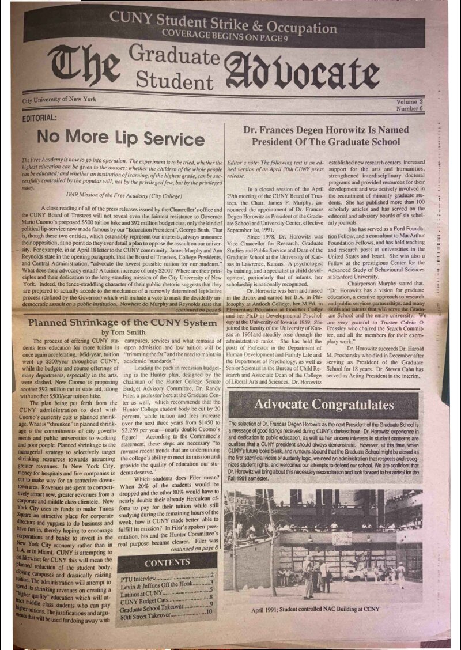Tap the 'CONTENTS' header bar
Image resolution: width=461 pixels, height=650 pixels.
[167, 562]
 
